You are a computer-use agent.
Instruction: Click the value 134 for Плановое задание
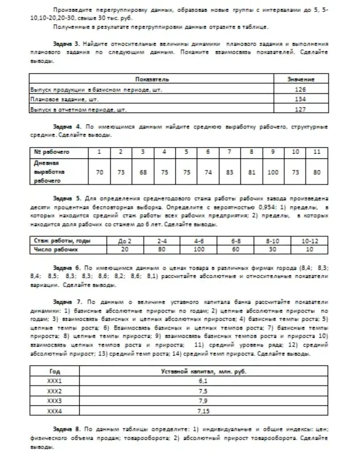point(300,99)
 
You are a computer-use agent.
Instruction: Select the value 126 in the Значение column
point(300,89)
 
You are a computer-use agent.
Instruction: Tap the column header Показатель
point(152,80)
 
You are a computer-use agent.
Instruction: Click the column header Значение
point(300,80)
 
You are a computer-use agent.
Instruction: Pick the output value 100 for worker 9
point(273,173)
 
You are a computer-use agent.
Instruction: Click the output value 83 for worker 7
point(230,173)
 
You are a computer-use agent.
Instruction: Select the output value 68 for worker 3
point(142,173)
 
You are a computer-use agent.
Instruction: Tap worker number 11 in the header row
point(316,152)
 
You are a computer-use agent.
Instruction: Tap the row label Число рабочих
point(56,250)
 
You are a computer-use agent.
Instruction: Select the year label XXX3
point(55,401)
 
